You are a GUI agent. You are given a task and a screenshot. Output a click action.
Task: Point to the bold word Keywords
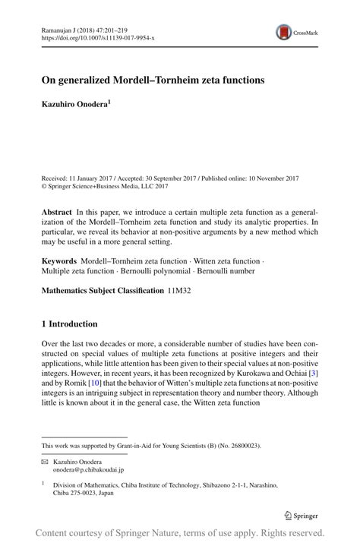point(59,261)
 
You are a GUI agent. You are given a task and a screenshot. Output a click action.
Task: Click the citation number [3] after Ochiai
point(314,372)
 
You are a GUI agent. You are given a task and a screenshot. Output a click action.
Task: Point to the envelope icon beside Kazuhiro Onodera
point(45,462)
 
